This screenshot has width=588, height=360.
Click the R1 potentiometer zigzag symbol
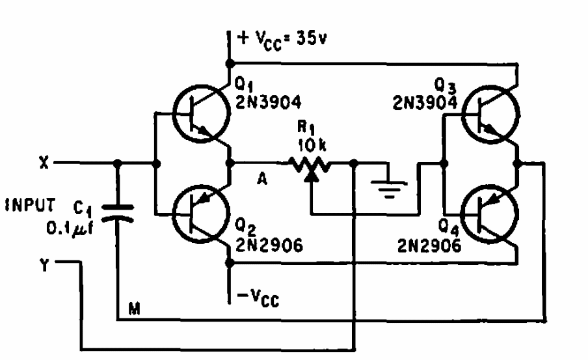tap(310, 165)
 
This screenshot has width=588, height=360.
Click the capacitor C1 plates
tap(117, 213)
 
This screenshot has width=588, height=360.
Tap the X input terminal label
tap(44, 163)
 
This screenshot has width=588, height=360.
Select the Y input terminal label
tap(44, 265)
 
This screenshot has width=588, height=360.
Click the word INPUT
tap(30, 205)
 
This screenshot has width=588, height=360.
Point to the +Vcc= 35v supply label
tap(282, 39)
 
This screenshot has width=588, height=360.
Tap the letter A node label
tap(262, 179)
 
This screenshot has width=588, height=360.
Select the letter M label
tap(134, 309)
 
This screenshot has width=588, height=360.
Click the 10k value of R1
tap(312, 145)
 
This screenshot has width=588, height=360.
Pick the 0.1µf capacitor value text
tap(70, 228)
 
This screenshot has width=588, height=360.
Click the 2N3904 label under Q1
tap(269, 102)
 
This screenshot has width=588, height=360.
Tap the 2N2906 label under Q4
tap(429, 245)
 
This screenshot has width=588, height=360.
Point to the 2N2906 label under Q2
tap(269, 245)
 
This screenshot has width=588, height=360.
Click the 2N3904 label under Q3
tap(425, 102)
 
